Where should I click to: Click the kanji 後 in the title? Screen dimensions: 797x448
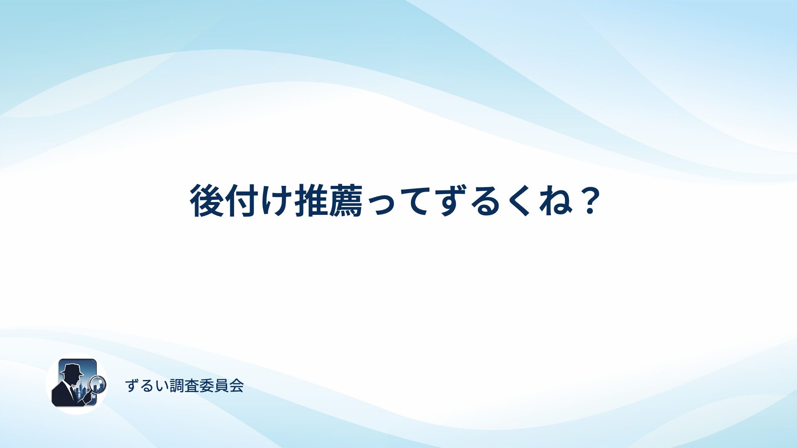pos(207,201)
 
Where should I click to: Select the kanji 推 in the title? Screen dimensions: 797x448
pos(311,201)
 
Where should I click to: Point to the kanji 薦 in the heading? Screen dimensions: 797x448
pos(346,201)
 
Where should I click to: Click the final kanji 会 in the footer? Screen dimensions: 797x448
pos(237,386)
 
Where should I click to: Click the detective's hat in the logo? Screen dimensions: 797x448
pos(71,369)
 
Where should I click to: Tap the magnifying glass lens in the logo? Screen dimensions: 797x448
pos(98,384)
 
